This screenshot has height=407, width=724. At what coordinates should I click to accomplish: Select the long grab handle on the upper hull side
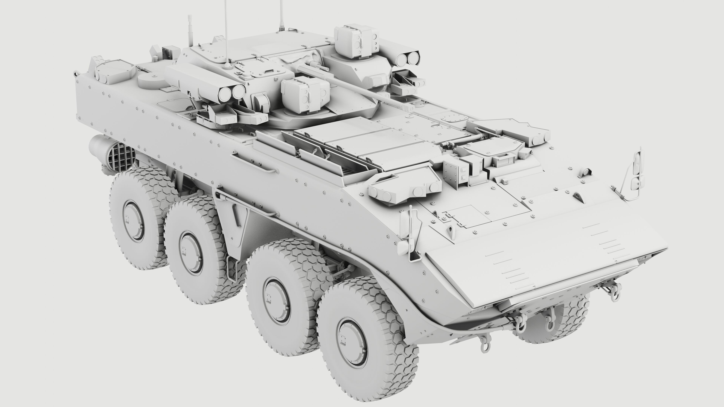(x=253, y=163)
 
